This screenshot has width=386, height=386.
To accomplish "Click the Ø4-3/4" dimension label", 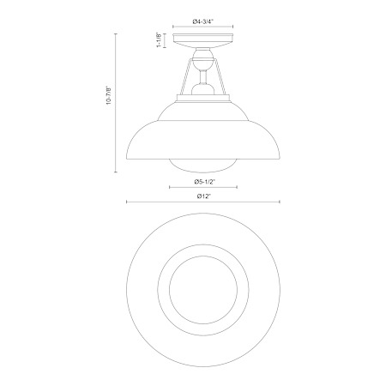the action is (x=203, y=21).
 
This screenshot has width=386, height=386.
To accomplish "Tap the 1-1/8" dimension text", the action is (x=160, y=40).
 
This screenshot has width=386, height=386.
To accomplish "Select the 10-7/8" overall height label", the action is (x=109, y=95).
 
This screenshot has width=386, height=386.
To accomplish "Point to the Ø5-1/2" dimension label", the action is (x=204, y=182).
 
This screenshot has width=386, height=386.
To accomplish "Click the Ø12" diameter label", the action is (x=204, y=196).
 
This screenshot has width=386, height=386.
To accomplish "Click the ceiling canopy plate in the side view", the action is (x=203, y=40).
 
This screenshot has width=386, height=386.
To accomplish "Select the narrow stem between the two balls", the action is (x=203, y=76).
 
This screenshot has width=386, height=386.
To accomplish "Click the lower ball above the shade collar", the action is (x=203, y=89).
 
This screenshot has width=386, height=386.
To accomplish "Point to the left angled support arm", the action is (x=185, y=76).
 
